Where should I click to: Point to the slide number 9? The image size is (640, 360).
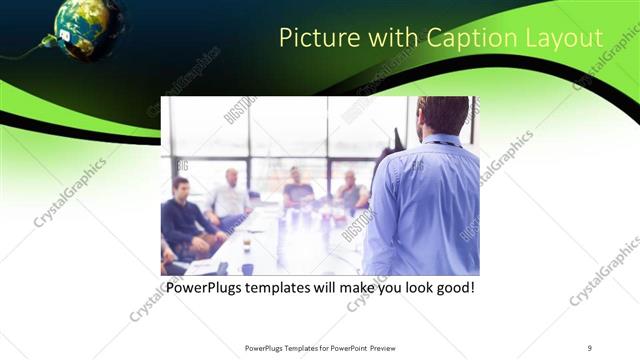590,347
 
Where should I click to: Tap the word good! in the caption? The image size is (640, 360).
450,288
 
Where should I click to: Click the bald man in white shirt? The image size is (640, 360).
231,196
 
